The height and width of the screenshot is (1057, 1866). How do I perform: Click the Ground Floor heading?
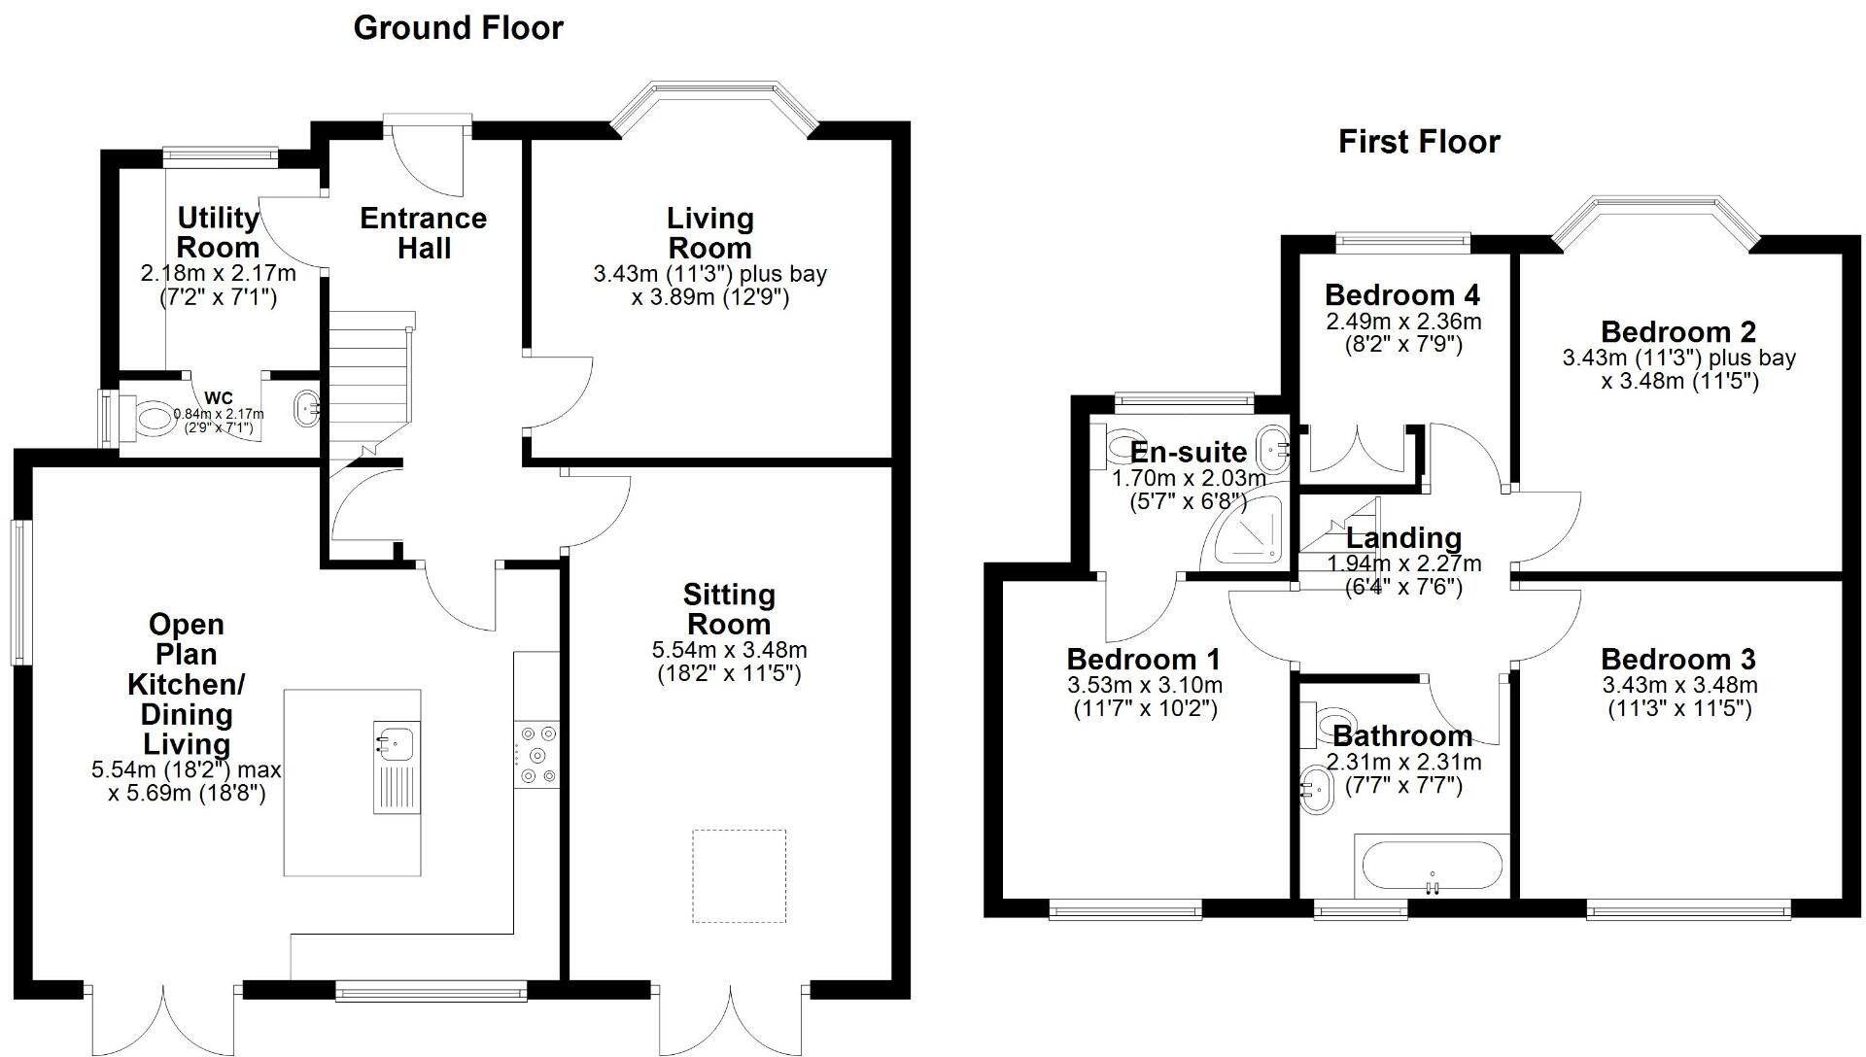click(458, 27)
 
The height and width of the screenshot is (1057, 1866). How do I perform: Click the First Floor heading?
click(1418, 142)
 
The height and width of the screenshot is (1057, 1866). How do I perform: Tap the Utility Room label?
click(218, 232)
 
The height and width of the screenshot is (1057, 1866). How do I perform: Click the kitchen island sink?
click(395, 744)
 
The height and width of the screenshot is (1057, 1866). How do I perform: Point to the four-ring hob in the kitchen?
click(537, 754)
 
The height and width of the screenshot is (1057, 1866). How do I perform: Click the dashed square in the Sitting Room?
click(739, 875)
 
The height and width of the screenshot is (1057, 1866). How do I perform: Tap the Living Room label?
click(709, 233)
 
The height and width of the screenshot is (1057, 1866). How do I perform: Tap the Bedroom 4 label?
click(1401, 294)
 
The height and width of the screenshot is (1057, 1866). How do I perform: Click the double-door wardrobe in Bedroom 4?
click(1355, 449)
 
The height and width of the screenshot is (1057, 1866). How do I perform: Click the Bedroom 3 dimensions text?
click(1679, 697)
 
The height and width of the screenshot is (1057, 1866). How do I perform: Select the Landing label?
click(1403, 537)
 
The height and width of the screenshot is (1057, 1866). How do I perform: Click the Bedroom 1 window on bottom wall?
click(1125, 911)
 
